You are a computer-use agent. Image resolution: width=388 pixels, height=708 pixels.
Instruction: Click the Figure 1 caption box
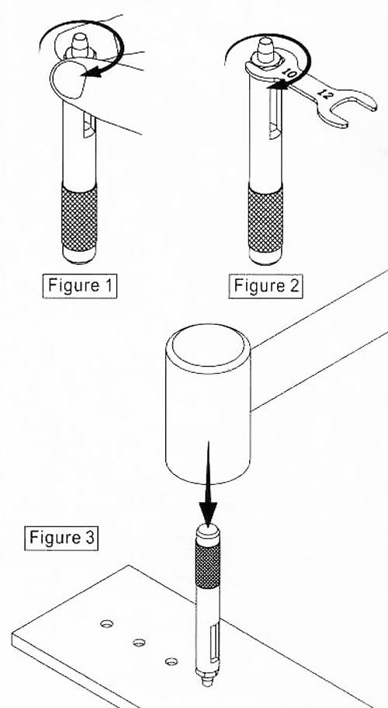80,285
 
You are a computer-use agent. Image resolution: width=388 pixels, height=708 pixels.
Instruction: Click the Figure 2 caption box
265,285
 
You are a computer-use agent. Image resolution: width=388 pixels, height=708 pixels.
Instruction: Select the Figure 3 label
61,537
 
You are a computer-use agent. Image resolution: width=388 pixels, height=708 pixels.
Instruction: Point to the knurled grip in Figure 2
266,221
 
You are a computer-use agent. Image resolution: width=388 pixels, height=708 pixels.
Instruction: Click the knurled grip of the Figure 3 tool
208,564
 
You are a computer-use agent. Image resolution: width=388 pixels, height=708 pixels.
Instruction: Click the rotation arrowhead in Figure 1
96,71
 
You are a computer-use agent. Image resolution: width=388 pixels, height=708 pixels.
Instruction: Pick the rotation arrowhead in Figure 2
277,84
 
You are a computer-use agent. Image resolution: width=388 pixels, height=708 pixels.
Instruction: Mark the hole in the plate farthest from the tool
107,624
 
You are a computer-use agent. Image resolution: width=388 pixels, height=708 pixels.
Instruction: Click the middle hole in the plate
139,642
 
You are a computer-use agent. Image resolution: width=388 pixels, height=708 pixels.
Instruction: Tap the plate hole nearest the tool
171,661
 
